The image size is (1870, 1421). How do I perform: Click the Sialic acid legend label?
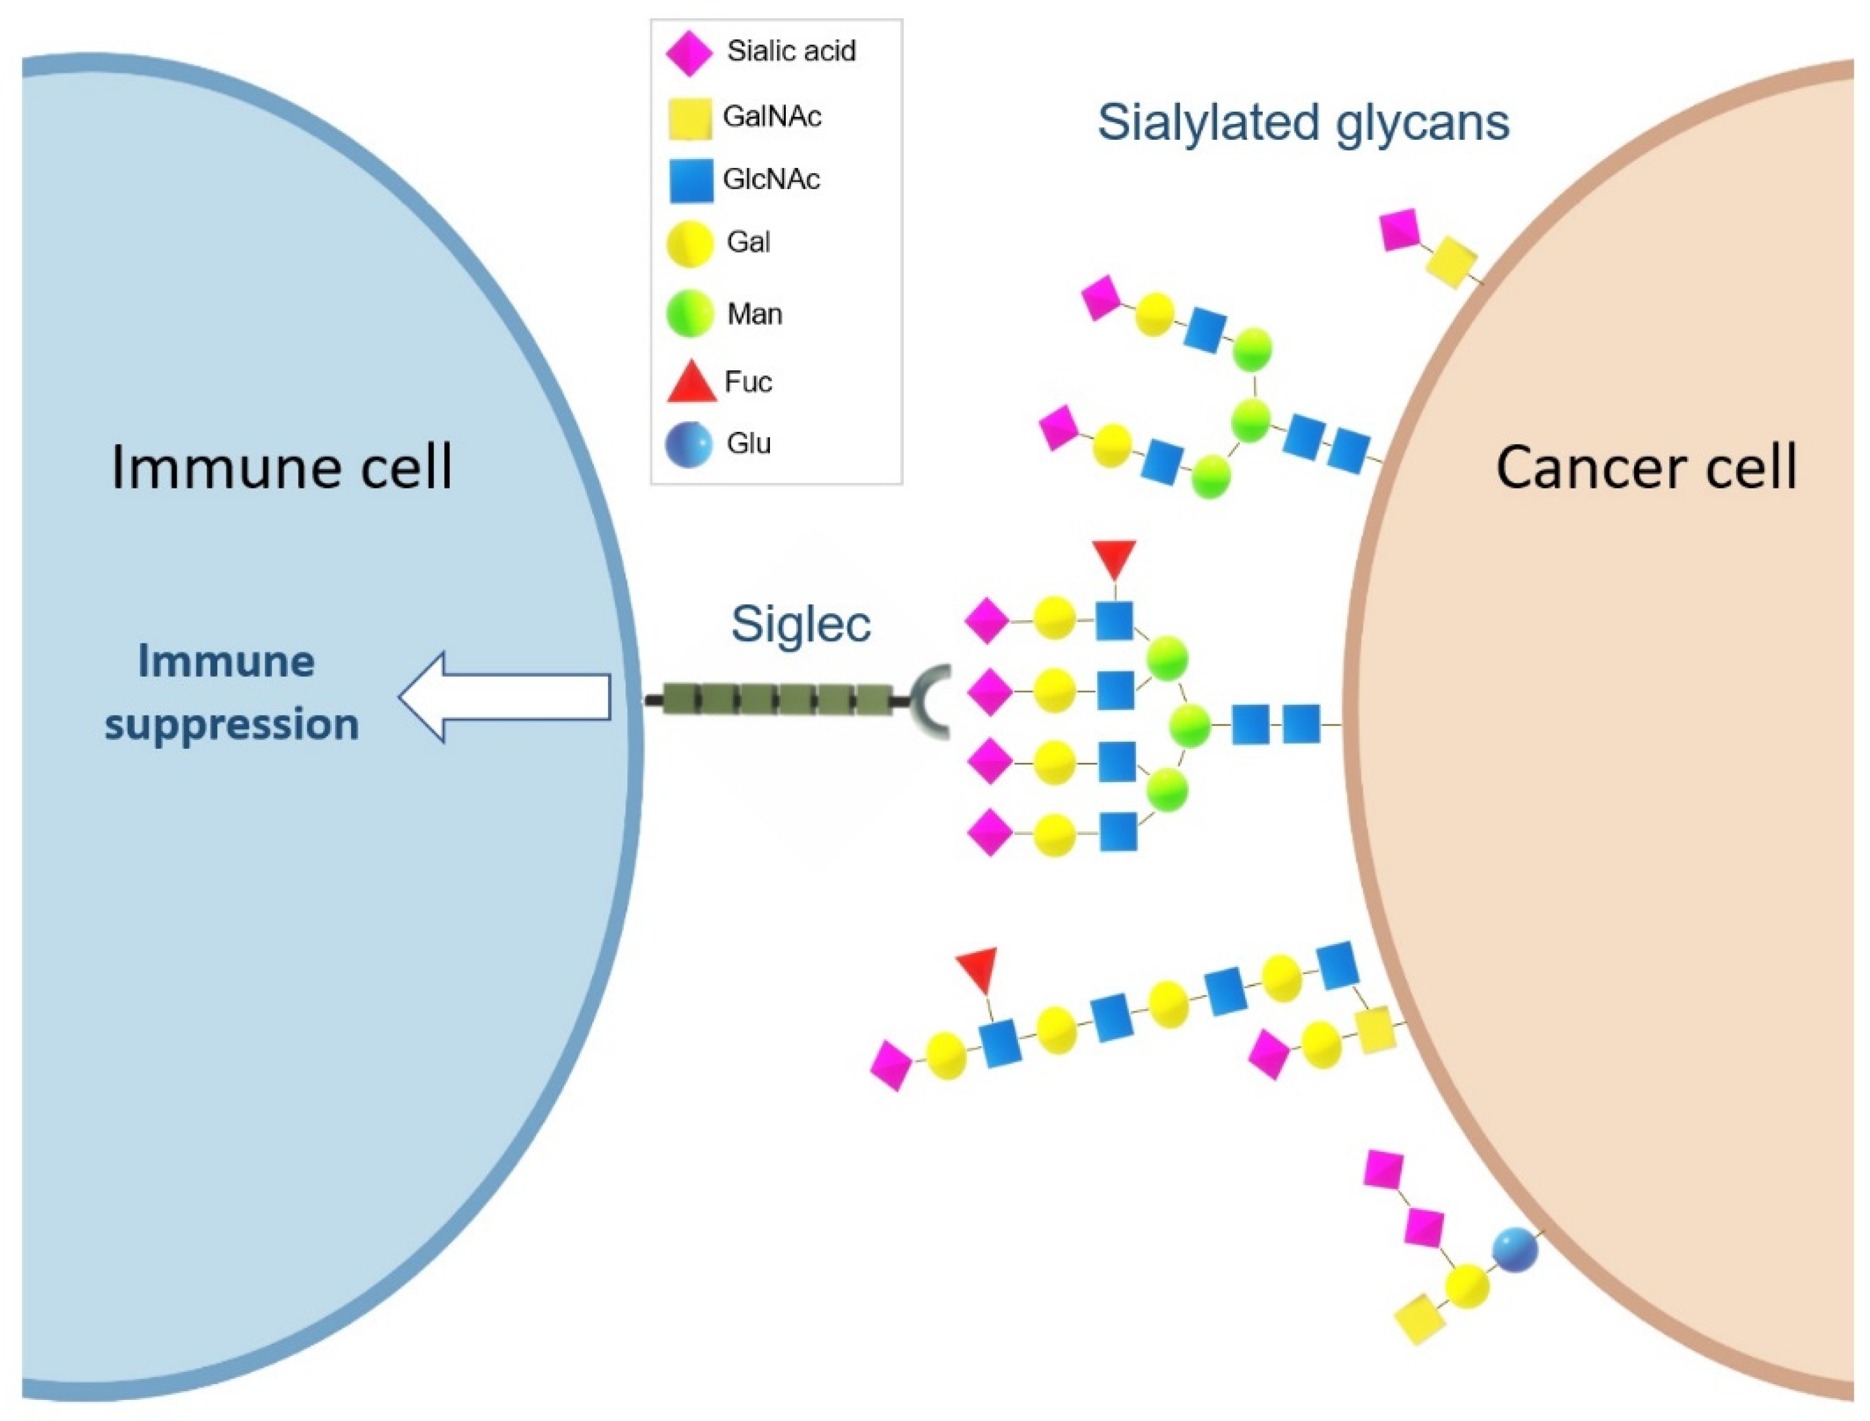pos(791,51)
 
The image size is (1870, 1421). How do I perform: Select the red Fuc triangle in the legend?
pos(691,383)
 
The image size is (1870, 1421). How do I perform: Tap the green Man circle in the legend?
pos(689,314)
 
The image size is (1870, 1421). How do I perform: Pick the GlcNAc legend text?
pos(771,180)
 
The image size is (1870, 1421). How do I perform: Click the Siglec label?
pos(800,624)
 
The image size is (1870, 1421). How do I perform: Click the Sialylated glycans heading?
pos(1302,123)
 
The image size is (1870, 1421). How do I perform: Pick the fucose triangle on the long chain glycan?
pos(977,968)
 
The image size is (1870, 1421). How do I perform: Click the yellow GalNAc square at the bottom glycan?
pos(1419,1319)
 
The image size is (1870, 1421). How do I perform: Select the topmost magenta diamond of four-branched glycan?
pos(987,621)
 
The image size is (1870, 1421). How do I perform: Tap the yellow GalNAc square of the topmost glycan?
pos(1451,262)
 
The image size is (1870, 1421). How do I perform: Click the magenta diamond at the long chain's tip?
pos(891,1066)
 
